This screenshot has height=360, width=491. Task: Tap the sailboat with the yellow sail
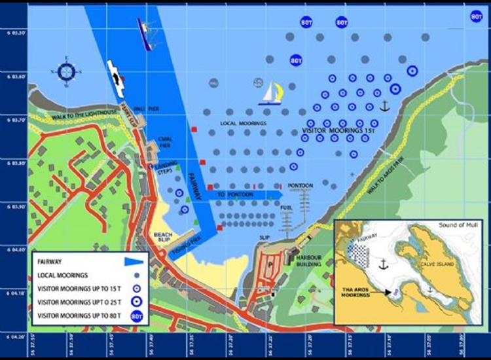pyautogui.click(x=271, y=92)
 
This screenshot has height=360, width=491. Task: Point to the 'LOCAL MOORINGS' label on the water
pyautogui.click(x=243, y=123)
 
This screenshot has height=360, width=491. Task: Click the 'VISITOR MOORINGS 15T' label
pyautogui.click(x=340, y=131)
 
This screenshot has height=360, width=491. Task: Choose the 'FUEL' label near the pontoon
pyautogui.click(x=285, y=207)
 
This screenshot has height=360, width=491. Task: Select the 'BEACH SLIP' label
pyautogui.click(x=162, y=237)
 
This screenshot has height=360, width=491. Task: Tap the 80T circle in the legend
pyautogui.click(x=136, y=316)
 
